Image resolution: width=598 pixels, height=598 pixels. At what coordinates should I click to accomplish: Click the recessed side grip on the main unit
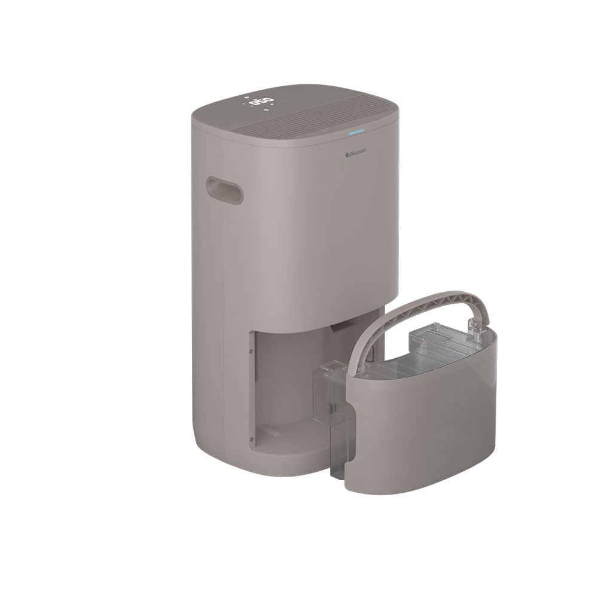224,190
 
